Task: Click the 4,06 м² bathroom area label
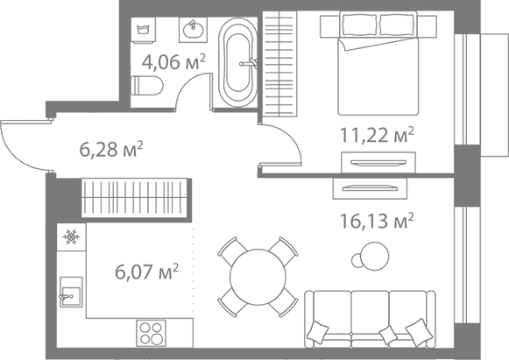click(x=173, y=61)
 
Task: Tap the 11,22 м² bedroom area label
click(x=377, y=135)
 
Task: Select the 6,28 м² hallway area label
click(x=111, y=149)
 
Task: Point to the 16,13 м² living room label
click(x=377, y=221)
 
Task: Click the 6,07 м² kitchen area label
click(x=146, y=272)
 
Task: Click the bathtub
click(x=238, y=63)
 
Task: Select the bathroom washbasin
click(x=194, y=30)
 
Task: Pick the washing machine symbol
click(x=143, y=30)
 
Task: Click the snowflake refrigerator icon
click(x=72, y=236)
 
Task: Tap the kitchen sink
click(x=71, y=293)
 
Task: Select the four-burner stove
click(x=152, y=333)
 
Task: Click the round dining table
click(x=258, y=277)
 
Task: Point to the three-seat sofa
click(x=370, y=319)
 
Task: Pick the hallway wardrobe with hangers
click(x=134, y=198)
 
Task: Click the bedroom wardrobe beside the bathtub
click(x=279, y=64)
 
